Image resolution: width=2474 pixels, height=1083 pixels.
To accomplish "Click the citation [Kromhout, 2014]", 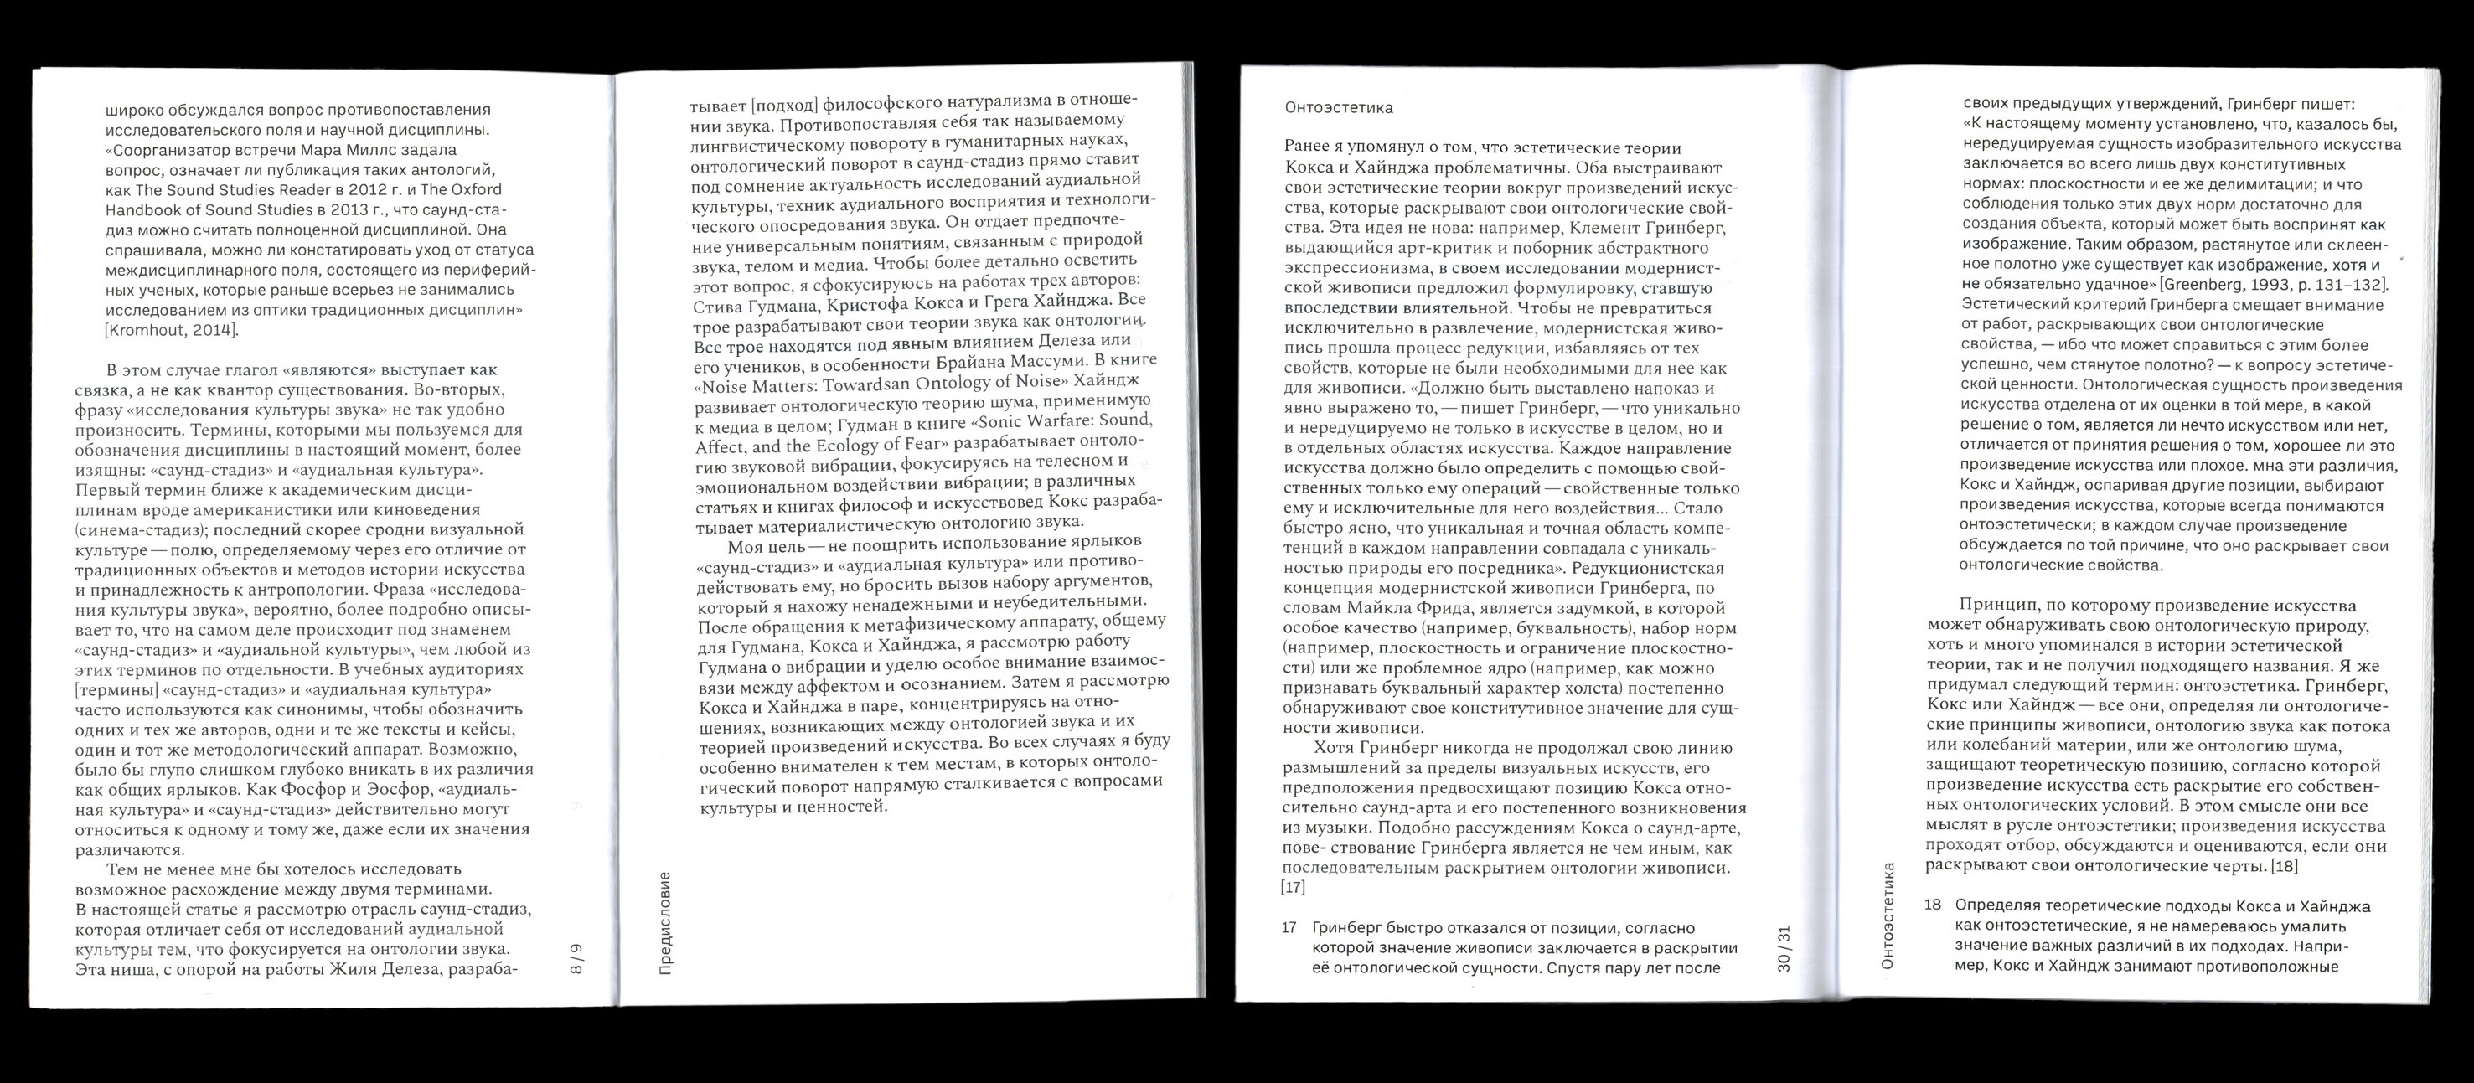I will click(x=171, y=331).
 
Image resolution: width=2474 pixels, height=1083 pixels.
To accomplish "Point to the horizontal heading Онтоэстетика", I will click(x=1338, y=107).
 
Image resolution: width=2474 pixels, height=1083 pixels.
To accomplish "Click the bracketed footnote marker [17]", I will click(x=1294, y=888).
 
